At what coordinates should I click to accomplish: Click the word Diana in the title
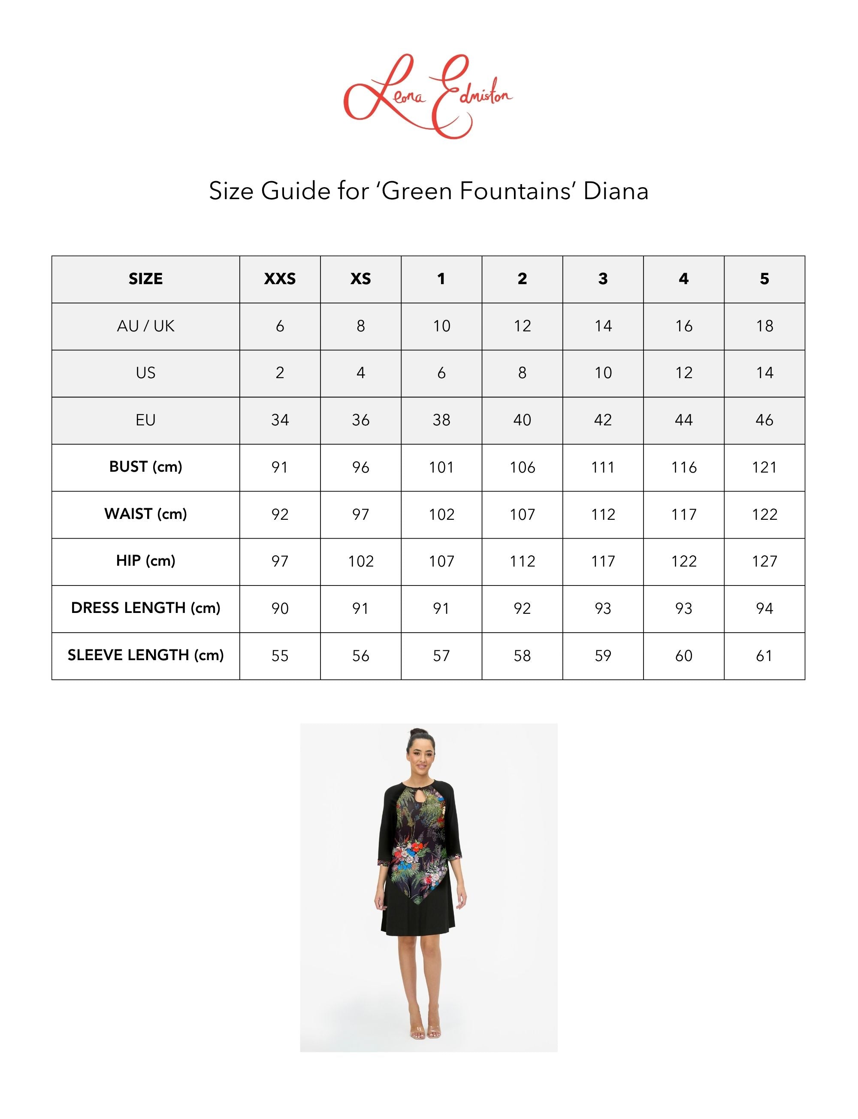tap(616, 191)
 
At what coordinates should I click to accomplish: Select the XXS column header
tap(280, 279)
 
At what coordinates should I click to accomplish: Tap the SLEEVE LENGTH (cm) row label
tap(145, 655)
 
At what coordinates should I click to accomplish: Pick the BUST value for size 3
tap(603, 467)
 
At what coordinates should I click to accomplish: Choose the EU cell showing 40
tap(522, 420)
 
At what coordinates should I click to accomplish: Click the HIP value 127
tap(764, 561)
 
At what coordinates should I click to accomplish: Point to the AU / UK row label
tap(145, 326)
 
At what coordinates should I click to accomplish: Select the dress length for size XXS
tap(280, 608)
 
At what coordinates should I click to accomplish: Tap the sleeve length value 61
tap(764, 655)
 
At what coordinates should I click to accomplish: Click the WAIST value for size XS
tap(360, 514)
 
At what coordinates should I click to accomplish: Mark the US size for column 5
tap(764, 373)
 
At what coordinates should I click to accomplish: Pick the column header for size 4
tap(683, 279)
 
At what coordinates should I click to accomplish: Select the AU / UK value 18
tap(764, 326)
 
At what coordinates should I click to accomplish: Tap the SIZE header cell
tap(145, 279)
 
